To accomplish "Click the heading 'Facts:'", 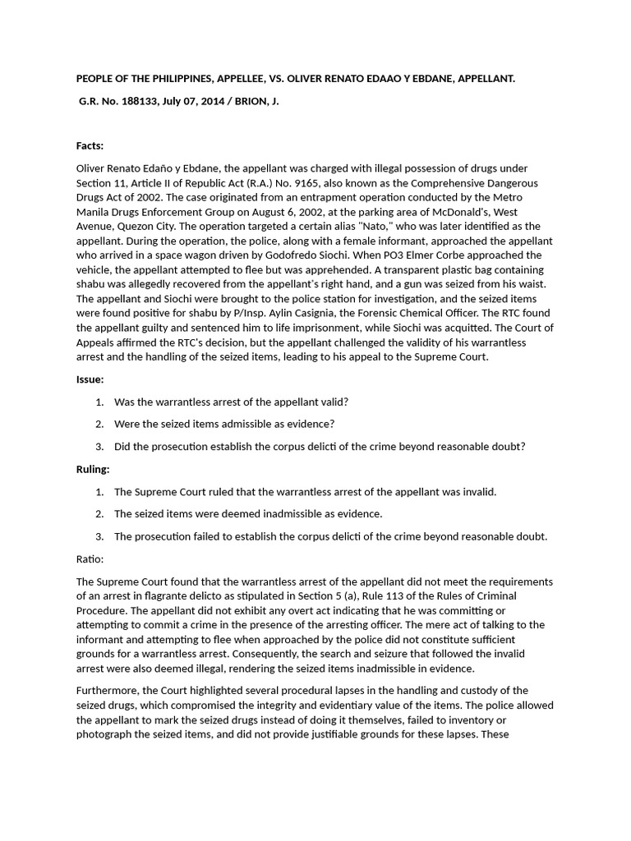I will point(90,145).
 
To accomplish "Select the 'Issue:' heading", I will point(90,379).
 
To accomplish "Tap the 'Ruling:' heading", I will point(93,469).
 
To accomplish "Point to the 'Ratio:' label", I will point(90,558).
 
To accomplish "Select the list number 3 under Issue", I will point(99,446).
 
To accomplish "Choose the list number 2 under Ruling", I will point(99,513).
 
